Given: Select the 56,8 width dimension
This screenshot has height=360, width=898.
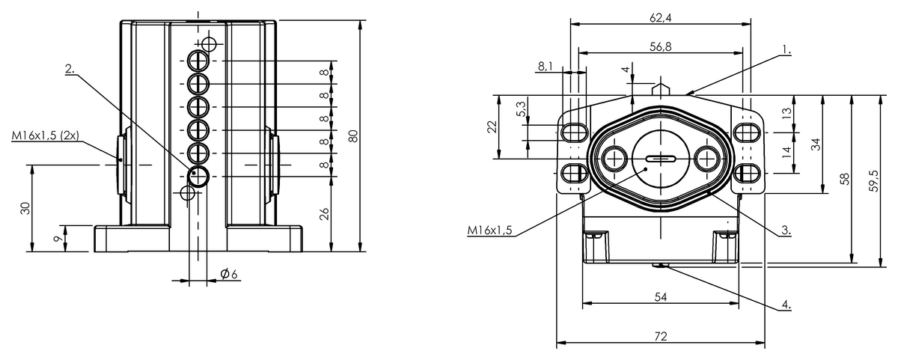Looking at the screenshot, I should click(x=659, y=46).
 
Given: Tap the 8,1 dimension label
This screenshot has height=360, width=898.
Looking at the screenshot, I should click(x=545, y=66).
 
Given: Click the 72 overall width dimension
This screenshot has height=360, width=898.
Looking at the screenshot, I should click(x=660, y=336).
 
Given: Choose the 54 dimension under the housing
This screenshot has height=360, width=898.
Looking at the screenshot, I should click(x=660, y=296).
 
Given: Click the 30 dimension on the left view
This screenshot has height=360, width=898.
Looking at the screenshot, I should click(x=25, y=208).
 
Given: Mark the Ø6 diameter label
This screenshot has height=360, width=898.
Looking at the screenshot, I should click(x=229, y=275).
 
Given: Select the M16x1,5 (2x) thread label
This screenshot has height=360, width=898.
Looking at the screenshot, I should click(x=46, y=136).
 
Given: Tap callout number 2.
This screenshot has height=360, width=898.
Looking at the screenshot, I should click(x=70, y=68).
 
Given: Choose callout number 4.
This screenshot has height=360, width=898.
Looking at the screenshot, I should click(x=786, y=305).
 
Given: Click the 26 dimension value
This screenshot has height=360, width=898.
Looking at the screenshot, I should click(x=323, y=215).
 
